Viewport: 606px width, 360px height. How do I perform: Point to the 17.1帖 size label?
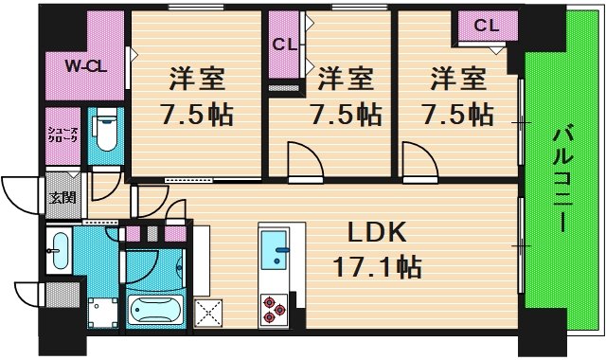(378, 268)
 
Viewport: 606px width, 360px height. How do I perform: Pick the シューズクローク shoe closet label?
(64, 134)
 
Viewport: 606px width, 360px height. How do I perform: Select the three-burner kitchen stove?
(274, 307)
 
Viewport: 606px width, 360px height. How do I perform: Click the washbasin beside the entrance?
(59, 250)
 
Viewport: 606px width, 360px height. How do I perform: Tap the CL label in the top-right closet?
(486, 26)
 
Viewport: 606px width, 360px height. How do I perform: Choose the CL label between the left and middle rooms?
(284, 45)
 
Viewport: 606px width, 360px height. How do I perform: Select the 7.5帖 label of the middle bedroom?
(346, 114)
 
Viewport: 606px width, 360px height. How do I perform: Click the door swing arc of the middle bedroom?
(303, 158)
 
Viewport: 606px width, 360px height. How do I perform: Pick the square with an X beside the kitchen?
(208, 311)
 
